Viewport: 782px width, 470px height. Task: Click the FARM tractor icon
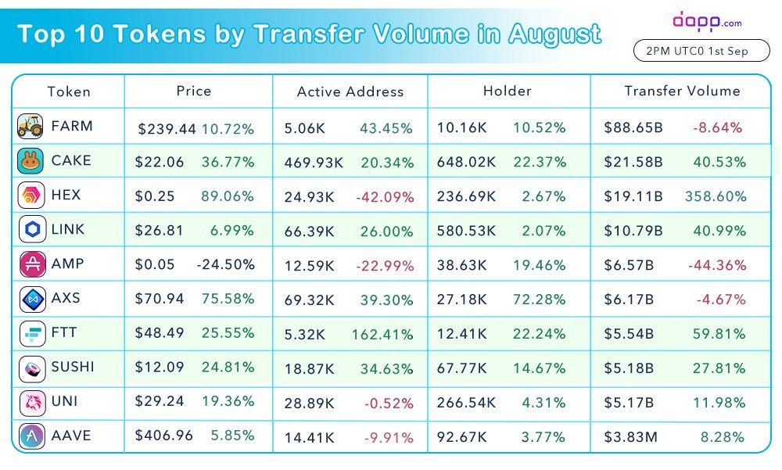pos(30,126)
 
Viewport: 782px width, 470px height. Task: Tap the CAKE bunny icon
pos(30,160)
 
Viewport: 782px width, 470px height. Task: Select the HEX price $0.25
pos(155,196)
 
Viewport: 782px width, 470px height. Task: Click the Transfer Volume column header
pos(682,91)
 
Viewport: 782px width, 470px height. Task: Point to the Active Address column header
pos(350,91)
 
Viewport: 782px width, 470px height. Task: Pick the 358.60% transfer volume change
pos(716,196)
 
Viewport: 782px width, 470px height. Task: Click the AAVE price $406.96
pos(163,435)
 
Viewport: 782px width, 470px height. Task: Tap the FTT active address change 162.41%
pos(382,334)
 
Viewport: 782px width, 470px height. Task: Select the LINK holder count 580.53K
pos(466,231)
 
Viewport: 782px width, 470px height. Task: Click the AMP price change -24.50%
pos(226,264)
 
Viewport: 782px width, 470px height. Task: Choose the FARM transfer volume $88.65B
pos(633,127)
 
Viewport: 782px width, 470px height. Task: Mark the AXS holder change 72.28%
pos(539,300)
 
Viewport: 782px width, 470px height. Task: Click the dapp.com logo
pos(707,21)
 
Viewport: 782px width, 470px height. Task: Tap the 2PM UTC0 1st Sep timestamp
pos(697,51)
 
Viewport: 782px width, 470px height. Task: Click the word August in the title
pos(554,34)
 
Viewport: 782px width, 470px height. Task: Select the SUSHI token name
pos(73,367)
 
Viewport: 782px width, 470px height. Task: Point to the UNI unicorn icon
pos(32,403)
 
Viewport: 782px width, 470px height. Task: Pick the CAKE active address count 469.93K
pos(314,162)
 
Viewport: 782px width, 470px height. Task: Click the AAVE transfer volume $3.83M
pos(631,437)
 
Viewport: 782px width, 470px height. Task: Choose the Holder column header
pos(508,91)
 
